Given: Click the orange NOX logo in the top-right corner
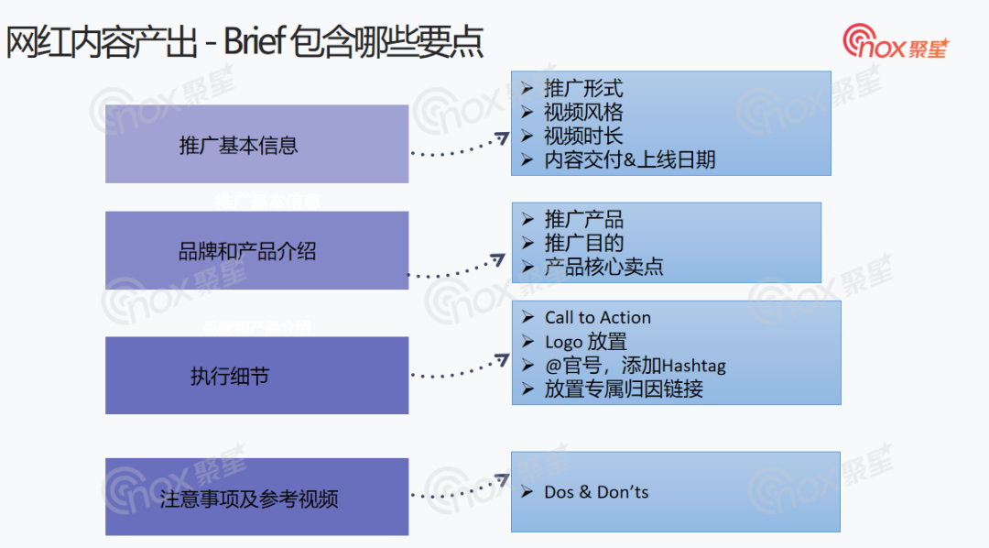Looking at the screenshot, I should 896,42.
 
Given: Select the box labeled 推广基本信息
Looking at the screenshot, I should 256,144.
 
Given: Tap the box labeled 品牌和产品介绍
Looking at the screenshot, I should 256,250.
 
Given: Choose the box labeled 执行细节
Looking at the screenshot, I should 256,375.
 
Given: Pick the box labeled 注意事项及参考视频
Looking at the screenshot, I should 256,498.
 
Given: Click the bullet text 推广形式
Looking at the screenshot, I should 583,89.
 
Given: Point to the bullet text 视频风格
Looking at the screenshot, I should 583,113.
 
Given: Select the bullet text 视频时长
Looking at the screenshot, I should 583,137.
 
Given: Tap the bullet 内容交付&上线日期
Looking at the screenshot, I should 629,160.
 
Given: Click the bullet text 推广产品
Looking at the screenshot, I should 583,220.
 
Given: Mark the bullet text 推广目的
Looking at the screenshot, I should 583,244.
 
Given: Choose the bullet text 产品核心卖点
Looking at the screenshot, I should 603,268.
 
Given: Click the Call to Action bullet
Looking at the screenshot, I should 597,318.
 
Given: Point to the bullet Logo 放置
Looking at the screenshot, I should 585,342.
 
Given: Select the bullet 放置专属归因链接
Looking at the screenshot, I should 624,389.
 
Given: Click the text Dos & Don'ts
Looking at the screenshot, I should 596,493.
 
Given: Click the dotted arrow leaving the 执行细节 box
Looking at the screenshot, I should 458,369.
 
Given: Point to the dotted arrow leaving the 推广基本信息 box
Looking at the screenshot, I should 458,150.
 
